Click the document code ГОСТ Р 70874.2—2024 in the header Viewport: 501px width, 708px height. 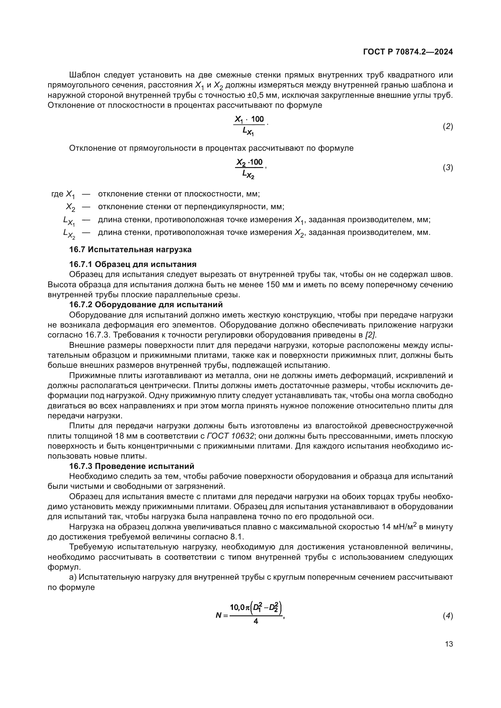[x=408, y=52]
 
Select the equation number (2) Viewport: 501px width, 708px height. [x=448, y=127]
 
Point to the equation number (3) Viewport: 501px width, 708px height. [x=448, y=168]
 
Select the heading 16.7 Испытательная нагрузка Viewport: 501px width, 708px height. [x=130, y=249]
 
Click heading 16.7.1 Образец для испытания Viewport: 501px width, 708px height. [x=133, y=264]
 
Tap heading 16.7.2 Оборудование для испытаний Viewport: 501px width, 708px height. [x=146, y=305]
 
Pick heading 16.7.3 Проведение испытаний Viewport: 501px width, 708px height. [x=132, y=466]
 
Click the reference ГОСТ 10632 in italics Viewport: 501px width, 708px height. [x=231, y=436]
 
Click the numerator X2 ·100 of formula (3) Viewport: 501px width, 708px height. [x=249, y=162]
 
